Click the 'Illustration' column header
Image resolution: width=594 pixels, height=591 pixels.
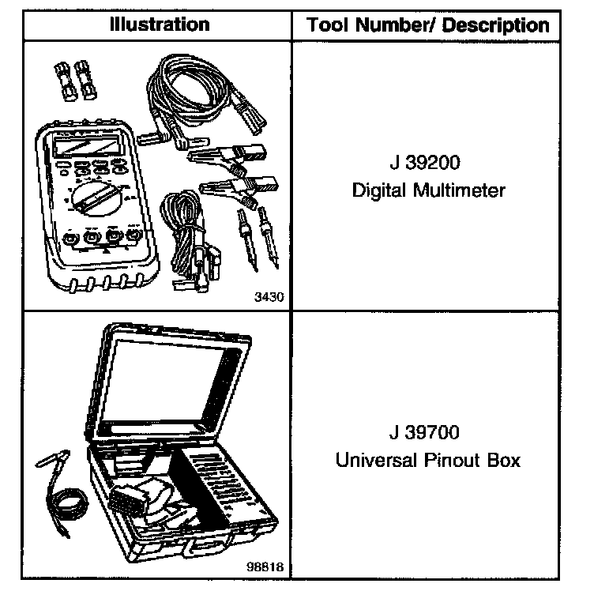(160, 24)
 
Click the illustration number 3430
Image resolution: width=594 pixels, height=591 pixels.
(269, 297)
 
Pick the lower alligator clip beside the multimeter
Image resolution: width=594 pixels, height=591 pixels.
(237, 190)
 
